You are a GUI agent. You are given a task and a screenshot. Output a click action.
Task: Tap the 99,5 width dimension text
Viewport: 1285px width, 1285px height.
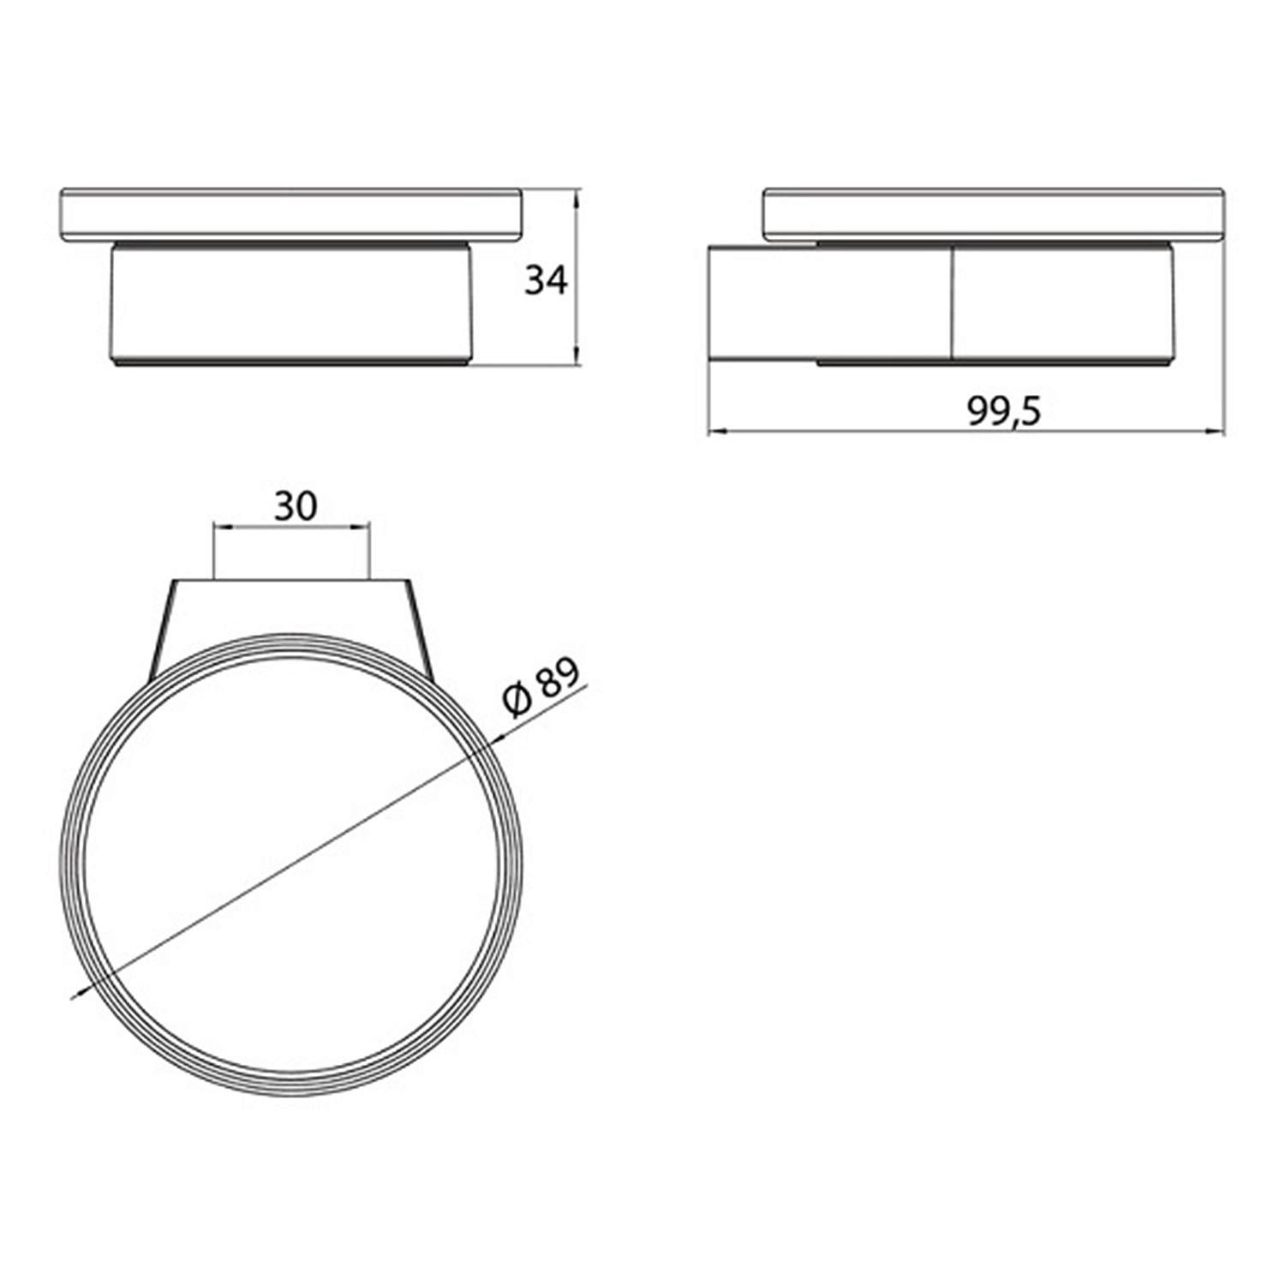point(1005,412)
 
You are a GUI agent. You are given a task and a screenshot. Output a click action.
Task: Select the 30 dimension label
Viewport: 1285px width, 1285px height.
point(296,506)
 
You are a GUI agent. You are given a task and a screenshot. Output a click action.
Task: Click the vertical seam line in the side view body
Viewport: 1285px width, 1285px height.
point(952,303)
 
